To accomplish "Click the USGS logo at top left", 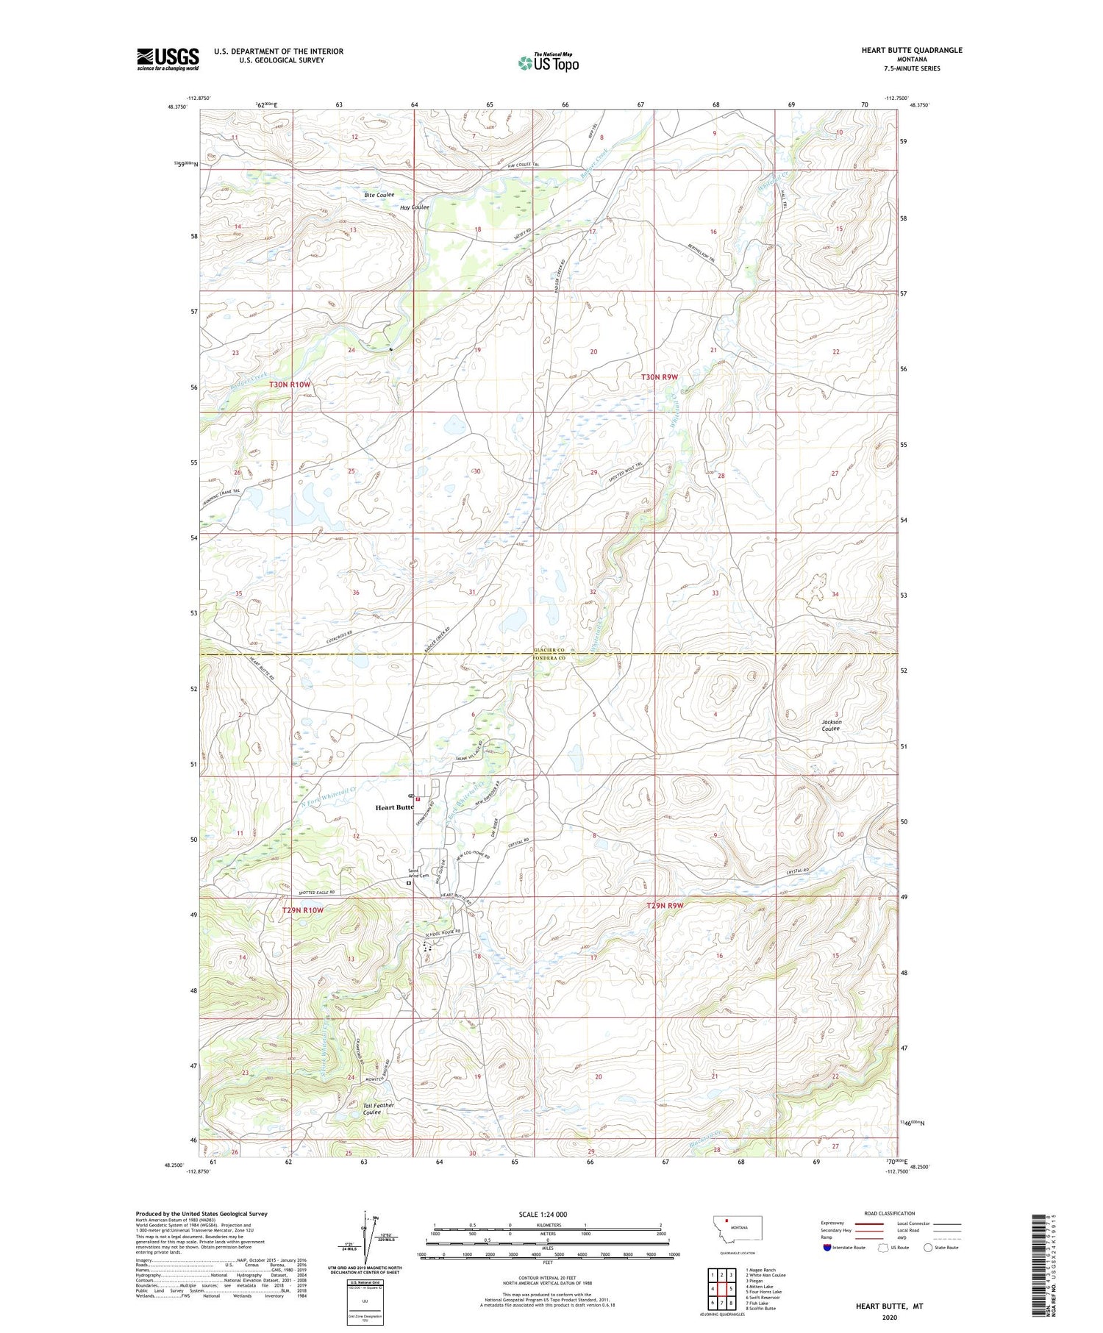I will click(x=168, y=59).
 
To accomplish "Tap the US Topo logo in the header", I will click(x=548, y=63).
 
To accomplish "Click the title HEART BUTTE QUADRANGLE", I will click(x=911, y=50).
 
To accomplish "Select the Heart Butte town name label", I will click(x=394, y=807).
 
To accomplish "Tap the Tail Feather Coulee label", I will click(x=378, y=1108).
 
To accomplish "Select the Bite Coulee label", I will click(x=379, y=195).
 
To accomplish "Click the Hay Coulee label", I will click(x=414, y=207).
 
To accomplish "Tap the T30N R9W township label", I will click(x=659, y=376).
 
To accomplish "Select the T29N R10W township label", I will click(x=303, y=910).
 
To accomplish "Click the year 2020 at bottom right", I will click(x=890, y=1317).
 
